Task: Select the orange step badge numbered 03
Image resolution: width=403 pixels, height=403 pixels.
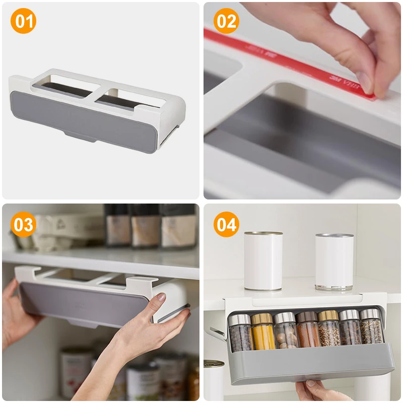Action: (23, 225)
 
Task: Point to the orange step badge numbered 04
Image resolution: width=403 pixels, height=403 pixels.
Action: (226, 225)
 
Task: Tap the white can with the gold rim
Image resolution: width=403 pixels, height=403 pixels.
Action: (263, 261)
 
